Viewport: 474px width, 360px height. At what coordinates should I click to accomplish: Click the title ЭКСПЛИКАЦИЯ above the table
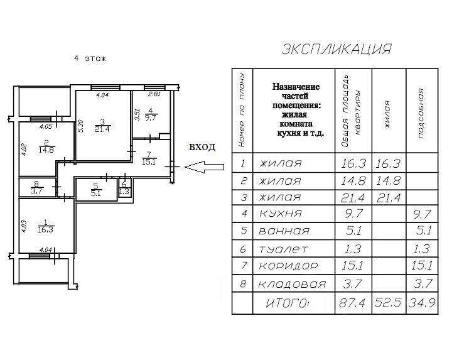coord(337,49)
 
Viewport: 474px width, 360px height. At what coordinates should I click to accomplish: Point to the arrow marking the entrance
coord(206,167)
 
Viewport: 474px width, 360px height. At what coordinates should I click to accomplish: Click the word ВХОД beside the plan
coord(202,148)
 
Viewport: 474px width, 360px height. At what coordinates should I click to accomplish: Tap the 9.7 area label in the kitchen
coord(150,117)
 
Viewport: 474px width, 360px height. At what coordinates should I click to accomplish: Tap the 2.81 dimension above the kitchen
coord(154,95)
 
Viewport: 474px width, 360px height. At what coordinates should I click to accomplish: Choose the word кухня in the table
coord(281,213)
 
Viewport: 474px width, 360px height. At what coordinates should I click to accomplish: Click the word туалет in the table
coord(284,248)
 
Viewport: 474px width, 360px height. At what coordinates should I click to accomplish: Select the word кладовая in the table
coord(293,284)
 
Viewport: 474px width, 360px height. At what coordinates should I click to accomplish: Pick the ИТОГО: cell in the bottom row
coord(289,304)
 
